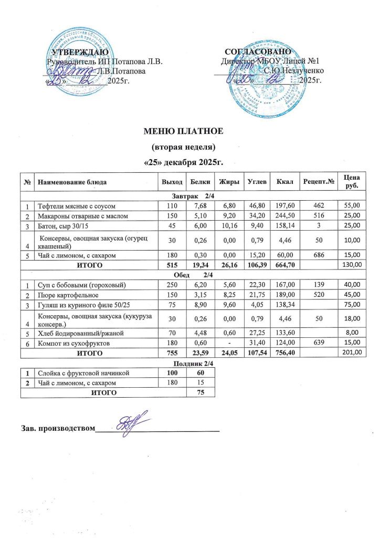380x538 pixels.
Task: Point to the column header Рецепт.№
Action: click(317, 181)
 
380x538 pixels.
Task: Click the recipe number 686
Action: click(317, 255)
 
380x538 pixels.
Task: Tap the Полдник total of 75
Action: click(200, 392)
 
